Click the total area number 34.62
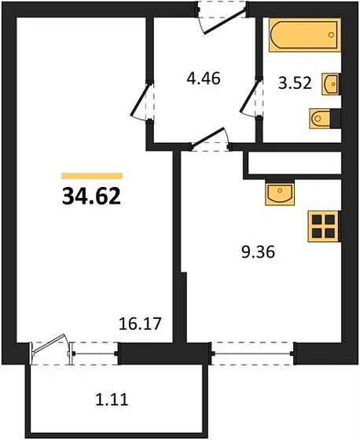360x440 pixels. tap(90, 196)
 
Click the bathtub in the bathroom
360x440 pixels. tap(303, 37)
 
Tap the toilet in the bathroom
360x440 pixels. tap(321, 119)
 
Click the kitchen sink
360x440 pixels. tap(279, 191)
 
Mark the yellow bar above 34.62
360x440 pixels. tap(91, 176)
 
